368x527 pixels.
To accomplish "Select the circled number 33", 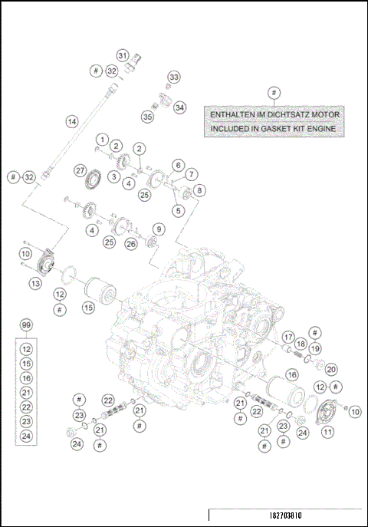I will tap(174, 77).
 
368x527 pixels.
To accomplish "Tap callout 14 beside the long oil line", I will tap(71, 121).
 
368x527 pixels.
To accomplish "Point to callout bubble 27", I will tap(79, 170).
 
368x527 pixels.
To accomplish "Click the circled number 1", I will tap(101, 139).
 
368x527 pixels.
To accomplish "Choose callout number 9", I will tap(157, 228).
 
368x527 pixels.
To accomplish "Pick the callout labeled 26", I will tap(130, 243).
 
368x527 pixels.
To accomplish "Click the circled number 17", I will tap(287, 337).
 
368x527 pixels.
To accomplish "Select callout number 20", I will tap(331, 369).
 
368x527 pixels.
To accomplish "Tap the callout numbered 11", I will tap(327, 432).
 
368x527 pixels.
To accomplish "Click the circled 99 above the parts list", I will tap(27, 326).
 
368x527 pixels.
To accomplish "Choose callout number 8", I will tap(199, 189).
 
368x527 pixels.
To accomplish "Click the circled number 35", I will tap(147, 117).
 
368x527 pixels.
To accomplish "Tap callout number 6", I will tap(178, 164).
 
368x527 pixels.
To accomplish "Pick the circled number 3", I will tap(113, 176).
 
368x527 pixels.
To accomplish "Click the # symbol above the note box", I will tap(274, 92).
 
